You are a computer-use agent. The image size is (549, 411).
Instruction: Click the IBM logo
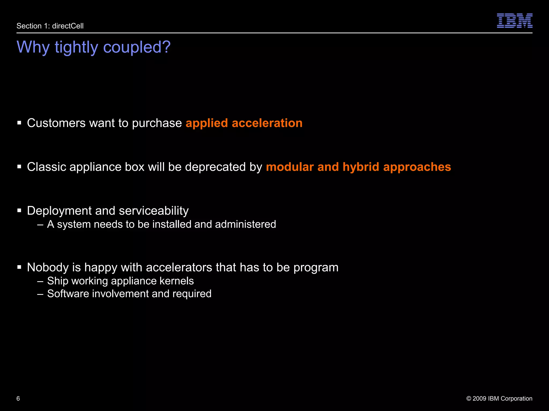pyautogui.click(x=514, y=21)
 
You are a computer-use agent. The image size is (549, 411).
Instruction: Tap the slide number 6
pyautogui.click(x=18, y=398)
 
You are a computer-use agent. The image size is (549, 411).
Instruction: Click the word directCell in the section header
pyautogui.click(x=68, y=26)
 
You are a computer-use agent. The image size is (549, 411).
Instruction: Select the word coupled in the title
pyautogui.click(x=137, y=47)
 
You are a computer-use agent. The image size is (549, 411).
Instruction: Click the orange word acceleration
pyautogui.click(x=267, y=123)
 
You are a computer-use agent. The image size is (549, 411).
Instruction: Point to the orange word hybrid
pyautogui.click(x=361, y=167)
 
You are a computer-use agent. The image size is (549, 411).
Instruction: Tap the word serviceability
pyautogui.click(x=154, y=211)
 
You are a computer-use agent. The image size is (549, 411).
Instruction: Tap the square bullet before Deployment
pyautogui.click(x=19, y=211)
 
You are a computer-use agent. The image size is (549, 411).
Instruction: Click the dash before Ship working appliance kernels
pyautogui.click(x=40, y=281)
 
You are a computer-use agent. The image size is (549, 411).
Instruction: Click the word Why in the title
pyautogui.click(x=33, y=47)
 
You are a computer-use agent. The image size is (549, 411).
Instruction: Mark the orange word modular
pyautogui.click(x=290, y=167)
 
